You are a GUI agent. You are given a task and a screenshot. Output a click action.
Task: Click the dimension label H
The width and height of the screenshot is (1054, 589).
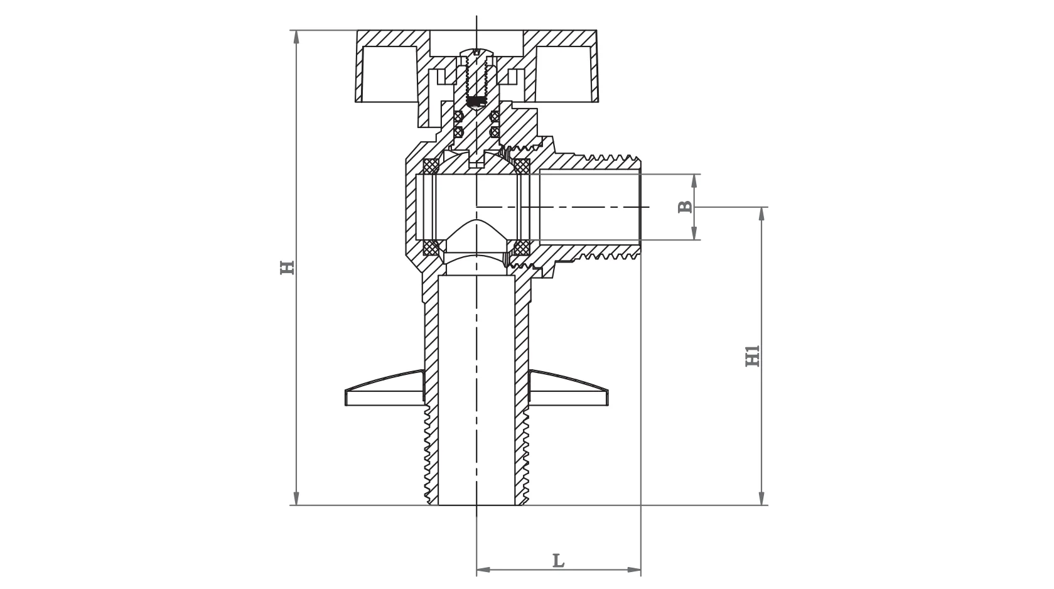click(287, 267)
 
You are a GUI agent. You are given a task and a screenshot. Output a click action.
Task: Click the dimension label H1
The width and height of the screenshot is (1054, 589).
click(753, 355)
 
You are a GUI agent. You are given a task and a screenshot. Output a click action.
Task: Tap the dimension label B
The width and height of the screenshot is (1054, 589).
click(685, 207)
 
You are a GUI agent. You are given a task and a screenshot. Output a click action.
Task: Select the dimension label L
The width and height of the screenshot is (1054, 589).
click(558, 560)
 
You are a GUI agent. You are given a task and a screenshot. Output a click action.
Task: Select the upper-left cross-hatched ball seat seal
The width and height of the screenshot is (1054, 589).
click(431, 166)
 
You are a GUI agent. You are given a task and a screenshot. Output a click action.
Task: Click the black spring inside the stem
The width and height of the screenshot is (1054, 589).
click(478, 100)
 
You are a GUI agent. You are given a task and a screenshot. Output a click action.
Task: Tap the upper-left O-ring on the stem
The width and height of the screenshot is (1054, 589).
click(458, 117)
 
